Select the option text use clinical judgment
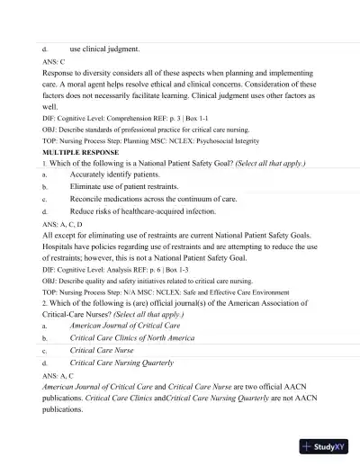[104, 48]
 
